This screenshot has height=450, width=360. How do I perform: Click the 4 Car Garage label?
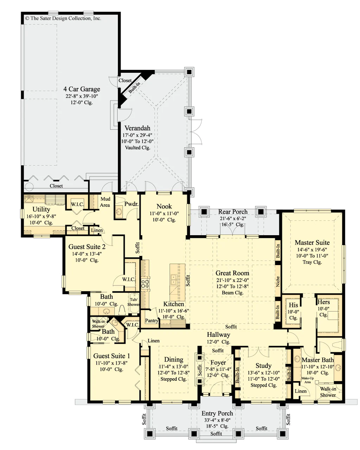(x=82, y=89)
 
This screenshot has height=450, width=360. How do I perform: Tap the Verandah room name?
(x=137, y=128)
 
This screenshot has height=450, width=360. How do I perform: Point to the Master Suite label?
(x=312, y=242)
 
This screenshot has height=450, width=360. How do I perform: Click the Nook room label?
(x=164, y=206)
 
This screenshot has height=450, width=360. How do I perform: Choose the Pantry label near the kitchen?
(x=152, y=321)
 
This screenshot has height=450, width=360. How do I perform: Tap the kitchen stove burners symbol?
(x=145, y=284)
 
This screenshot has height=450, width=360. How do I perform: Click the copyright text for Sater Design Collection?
(x=63, y=18)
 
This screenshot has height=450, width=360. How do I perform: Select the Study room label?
(x=263, y=365)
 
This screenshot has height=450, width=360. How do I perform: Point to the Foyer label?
(x=218, y=362)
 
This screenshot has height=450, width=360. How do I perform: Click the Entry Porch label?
(x=217, y=413)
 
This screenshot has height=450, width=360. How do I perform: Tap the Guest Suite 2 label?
(x=87, y=246)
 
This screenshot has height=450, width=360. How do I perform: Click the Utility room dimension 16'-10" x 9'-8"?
(x=41, y=216)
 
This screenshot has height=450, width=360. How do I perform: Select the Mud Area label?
(x=105, y=202)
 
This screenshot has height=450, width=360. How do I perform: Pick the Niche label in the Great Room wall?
(x=278, y=281)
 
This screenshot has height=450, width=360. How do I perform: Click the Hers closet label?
(x=323, y=302)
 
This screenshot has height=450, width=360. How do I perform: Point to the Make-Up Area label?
(x=307, y=380)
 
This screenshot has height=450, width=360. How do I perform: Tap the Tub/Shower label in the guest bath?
(x=134, y=302)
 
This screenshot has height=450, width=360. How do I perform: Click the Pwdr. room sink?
(x=119, y=212)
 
